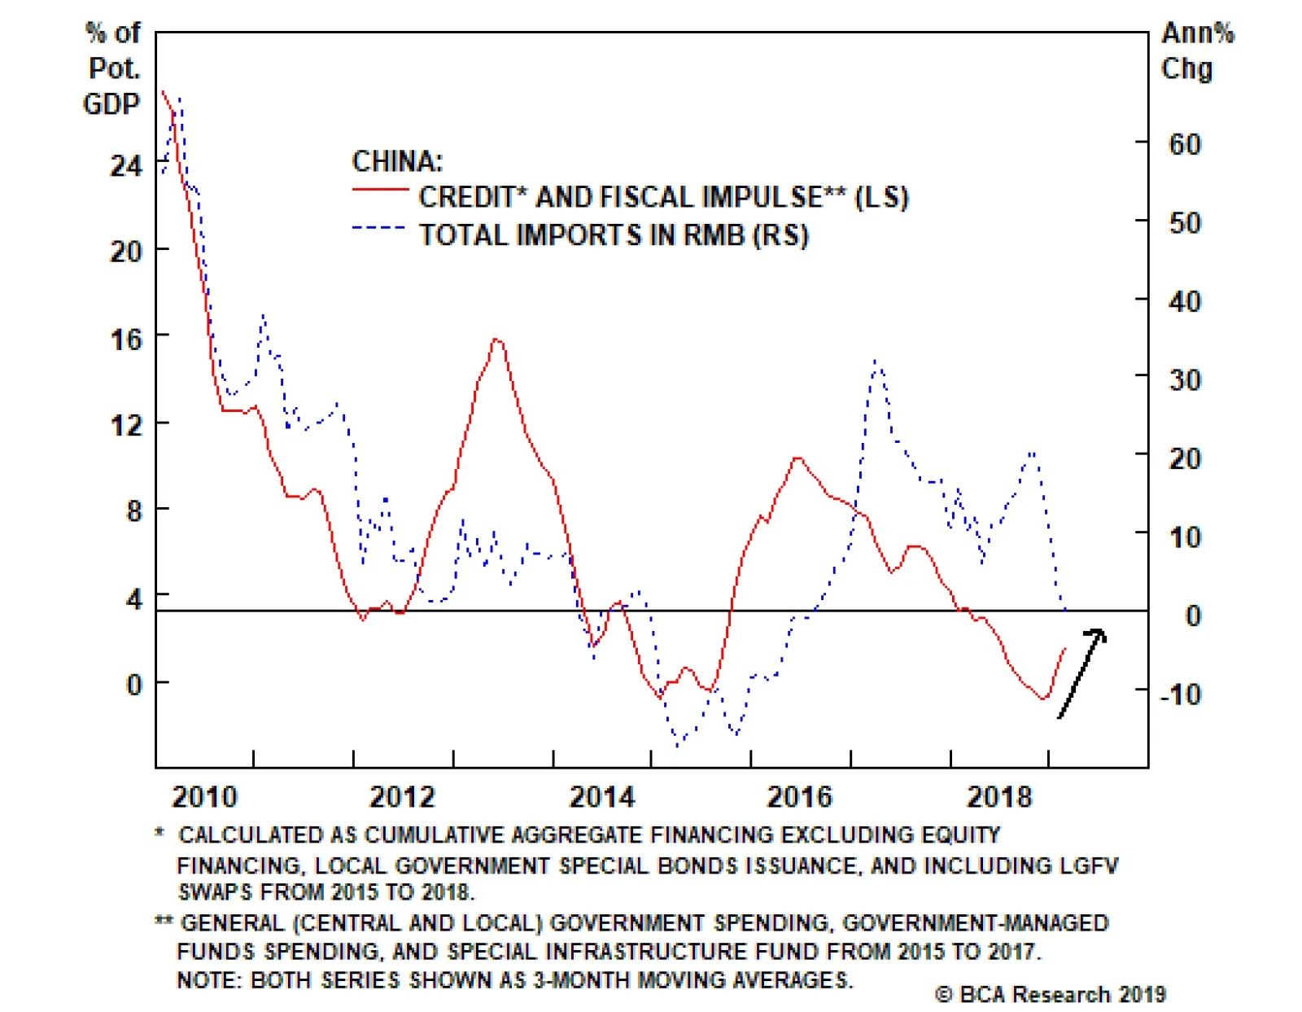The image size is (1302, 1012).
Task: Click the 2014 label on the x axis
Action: click(x=601, y=796)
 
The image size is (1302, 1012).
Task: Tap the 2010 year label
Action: click(x=204, y=796)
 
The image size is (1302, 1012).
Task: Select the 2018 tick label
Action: click(x=998, y=796)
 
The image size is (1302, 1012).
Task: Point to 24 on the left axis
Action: click(x=125, y=166)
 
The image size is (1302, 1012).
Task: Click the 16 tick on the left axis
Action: click(x=125, y=339)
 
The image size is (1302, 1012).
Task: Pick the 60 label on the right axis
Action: click(x=1184, y=145)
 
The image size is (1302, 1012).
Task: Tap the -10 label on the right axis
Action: click(x=1179, y=694)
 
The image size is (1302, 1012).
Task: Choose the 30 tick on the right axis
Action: click(x=1184, y=380)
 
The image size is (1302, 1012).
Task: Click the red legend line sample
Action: click(x=380, y=191)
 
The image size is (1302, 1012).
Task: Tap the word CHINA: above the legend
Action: click(x=397, y=161)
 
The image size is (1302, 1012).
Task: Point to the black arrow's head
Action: click(x=1098, y=633)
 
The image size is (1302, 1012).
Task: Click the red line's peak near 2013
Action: click(x=496, y=340)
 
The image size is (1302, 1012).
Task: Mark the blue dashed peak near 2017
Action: click(x=876, y=360)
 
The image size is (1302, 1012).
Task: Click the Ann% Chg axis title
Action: click(x=1195, y=50)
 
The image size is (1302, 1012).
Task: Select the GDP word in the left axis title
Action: click(x=111, y=104)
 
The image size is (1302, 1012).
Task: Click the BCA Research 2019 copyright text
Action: click(x=1050, y=994)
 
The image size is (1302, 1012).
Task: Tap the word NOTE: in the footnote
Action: click(x=208, y=979)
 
